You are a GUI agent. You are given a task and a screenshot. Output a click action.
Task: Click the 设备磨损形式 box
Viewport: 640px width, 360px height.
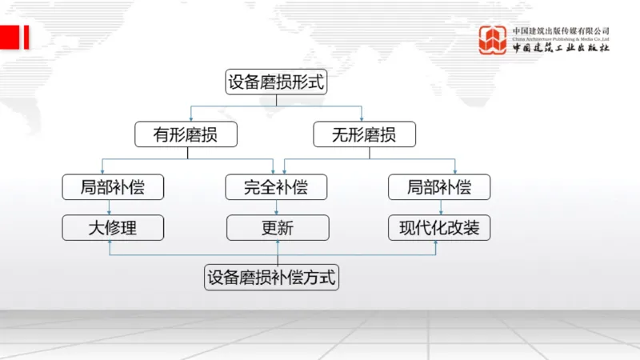[277, 82]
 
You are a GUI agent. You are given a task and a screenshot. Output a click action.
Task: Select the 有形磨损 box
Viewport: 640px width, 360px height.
[186, 134]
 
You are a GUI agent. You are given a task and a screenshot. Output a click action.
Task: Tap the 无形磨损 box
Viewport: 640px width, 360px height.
[364, 134]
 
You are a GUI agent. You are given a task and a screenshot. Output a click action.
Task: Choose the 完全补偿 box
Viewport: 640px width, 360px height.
[277, 187]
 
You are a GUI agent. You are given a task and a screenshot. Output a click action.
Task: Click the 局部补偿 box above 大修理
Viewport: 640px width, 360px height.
[113, 187]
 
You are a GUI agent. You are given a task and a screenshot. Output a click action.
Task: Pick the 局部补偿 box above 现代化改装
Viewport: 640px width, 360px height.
[439, 187]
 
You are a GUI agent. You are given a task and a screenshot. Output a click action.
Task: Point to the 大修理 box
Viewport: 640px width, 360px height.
[113, 228]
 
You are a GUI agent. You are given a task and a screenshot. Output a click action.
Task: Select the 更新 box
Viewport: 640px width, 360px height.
[277, 228]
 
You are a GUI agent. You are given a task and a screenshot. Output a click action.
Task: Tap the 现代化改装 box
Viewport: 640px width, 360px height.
[439, 228]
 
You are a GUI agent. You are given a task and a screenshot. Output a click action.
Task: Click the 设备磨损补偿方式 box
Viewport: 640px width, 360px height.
[272, 278]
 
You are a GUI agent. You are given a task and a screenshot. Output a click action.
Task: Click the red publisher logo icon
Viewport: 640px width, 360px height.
[493, 40]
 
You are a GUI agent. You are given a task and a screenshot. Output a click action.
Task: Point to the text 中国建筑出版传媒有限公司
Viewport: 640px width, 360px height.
[561, 30]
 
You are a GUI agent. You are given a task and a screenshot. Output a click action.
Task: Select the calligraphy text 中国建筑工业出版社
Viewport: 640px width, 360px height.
[561, 48]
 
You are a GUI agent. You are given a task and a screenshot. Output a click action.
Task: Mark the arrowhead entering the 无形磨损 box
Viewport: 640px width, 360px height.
[362, 118]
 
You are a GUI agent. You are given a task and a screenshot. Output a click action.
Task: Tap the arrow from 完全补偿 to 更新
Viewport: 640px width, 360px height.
[277, 207]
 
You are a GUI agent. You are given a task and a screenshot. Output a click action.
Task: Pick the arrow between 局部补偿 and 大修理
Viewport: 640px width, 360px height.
[113, 207]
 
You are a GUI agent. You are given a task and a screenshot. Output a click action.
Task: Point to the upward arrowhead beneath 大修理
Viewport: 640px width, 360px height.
[110, 244]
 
